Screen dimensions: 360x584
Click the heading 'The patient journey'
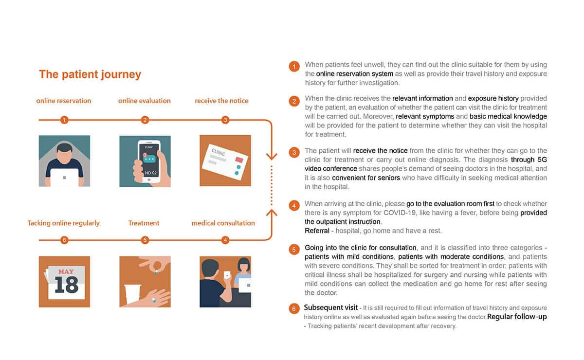[90, 74]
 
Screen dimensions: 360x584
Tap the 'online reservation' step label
[64, 101]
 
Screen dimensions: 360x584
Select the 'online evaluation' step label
[145, 101]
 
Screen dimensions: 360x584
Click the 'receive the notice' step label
[221, 101]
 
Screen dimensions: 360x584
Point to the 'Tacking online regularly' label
[64, 223]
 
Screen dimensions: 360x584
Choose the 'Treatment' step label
[144, 223]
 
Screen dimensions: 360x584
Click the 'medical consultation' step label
[223, 223]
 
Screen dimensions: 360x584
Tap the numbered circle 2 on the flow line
[145, 120]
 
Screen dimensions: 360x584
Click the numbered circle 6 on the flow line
[64, 240]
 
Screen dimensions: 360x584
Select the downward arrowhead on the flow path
[272, 156]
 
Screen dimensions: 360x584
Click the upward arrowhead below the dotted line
[272, 213]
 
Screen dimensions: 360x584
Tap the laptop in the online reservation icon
[64, 177]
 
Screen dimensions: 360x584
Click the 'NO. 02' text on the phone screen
[150, 172]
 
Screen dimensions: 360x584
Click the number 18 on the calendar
[66, 285]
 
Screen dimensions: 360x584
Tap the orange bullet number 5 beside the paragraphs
[294, 250]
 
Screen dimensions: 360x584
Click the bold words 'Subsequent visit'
[330, 307]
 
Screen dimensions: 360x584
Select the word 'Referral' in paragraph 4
[317, 230]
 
